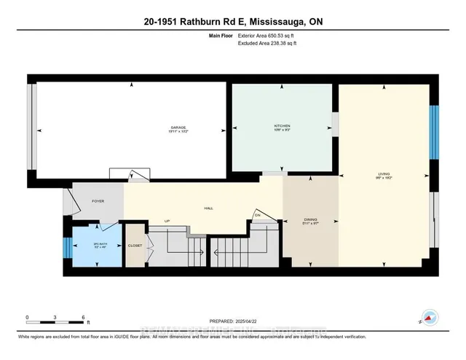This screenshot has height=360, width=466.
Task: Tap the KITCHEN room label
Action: pyautogui.click(x=283, y=125)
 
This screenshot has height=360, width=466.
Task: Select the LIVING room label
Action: pyautogui.click(x=384, y=173)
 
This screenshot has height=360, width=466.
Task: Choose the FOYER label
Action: pyautogui.click(x=98, y=200)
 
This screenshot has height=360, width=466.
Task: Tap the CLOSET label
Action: pyautogui.click(x=135, y=246)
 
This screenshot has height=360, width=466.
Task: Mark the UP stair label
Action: pyautogui.click(x=167, y=222)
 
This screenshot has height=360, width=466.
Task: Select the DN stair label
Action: pyautogui.click(x=257, y=214)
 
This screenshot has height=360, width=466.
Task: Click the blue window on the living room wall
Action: pyautogui.click(x=433, y=132)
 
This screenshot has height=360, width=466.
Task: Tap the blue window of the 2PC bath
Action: pyautogui.click(x=66, y=249)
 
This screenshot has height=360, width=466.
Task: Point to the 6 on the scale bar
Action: pyautogui.click(x=84, y=318)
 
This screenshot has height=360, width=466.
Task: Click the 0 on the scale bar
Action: pyautogui.click(x=27, y=318)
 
